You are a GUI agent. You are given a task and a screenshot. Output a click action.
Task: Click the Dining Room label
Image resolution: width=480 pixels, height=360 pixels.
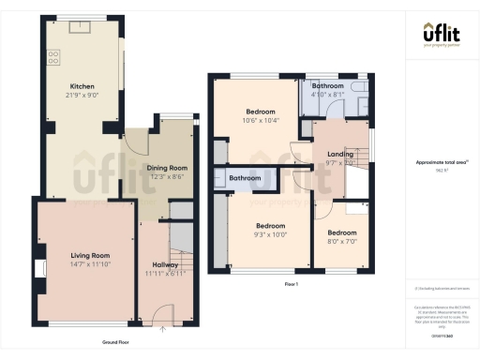(167, 168)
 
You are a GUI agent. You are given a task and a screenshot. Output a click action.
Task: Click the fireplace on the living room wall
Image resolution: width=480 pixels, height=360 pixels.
(40, 269)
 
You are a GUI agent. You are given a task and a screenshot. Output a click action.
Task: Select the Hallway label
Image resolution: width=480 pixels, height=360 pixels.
(165, 265)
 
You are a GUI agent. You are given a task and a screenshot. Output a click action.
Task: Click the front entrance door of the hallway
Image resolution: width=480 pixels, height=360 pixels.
(165, 315)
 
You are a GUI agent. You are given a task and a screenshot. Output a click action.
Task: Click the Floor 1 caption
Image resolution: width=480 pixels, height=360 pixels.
(290, 284)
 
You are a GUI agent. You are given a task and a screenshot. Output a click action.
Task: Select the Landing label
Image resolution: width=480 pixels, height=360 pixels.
(339, 154)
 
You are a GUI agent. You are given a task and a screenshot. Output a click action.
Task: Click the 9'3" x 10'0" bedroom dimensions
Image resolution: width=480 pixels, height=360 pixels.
(270, 234)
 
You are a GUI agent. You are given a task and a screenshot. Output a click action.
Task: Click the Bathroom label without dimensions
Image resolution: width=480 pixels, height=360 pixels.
(246, 178)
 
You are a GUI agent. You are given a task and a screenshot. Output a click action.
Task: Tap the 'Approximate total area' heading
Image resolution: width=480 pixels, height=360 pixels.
(442, 162)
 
